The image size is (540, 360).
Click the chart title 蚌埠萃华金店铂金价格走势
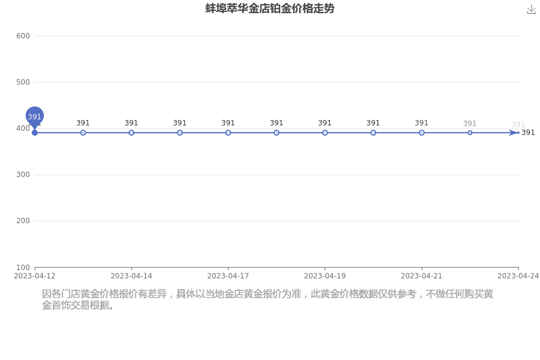[x=269, y=8]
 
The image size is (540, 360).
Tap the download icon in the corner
[x=532, y=10]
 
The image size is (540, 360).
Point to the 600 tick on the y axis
[x=23, y=36]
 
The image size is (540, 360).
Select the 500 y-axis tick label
[x=23, y=82]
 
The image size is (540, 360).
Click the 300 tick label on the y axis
[x=23, y=175]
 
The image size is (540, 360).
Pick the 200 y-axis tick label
[x=23, y=220]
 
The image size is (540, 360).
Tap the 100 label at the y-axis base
[x=23, y=267]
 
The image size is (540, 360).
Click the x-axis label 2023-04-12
[x=34, y=276]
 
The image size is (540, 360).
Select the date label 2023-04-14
[x=131, y=276]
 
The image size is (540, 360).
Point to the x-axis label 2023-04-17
[x=228, y=276]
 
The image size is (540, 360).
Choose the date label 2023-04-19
[x=325, y=276]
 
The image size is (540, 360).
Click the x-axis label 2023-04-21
[x=422, y=276]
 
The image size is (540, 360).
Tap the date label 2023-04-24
[x=518, y=276]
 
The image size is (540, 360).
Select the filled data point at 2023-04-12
[x=34, y=133]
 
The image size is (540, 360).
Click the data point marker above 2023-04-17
[x=228, y=133]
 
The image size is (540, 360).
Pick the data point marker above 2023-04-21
[x=422, y=133]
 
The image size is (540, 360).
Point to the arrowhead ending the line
[x=514, y=133]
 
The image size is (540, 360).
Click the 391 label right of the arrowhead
[x=528, y=133]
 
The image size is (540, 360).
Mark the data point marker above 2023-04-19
[x=325, y=133]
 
